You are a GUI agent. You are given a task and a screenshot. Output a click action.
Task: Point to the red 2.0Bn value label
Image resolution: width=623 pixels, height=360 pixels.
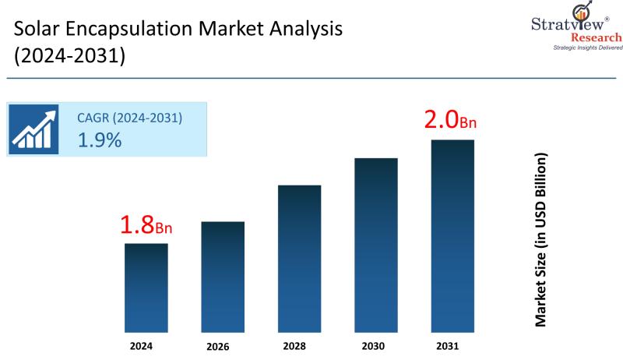pyautogui.click(x=449, y=122)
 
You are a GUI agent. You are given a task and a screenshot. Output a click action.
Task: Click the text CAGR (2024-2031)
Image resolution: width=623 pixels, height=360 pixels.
pyautogui.click(x=129, y=118)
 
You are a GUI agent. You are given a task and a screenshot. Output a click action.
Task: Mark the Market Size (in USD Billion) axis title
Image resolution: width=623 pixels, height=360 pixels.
pyautogui.click(x=540, y=239)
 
